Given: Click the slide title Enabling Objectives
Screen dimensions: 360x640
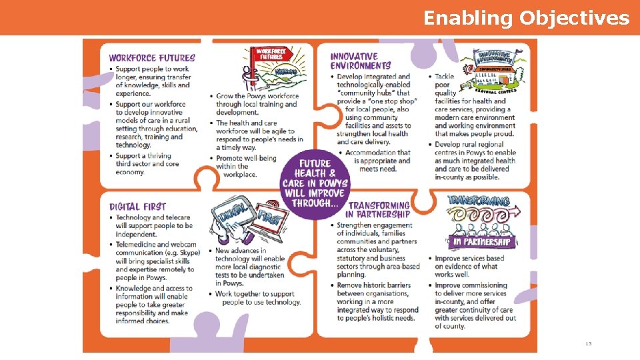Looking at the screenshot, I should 526,18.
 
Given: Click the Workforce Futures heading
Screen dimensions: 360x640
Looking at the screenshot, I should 152,58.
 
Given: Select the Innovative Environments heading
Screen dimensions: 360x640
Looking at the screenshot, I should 361,61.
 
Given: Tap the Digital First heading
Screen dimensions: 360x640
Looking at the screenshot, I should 138,207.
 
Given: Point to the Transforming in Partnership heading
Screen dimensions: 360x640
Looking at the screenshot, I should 378,209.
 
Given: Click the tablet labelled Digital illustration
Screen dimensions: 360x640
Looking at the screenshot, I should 232,216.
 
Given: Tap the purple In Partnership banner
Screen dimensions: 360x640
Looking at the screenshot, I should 481,241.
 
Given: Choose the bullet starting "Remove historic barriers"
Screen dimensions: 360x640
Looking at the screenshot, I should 377,301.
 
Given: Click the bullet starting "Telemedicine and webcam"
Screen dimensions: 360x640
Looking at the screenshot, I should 153,261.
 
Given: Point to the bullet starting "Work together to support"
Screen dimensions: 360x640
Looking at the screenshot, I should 257,298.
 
